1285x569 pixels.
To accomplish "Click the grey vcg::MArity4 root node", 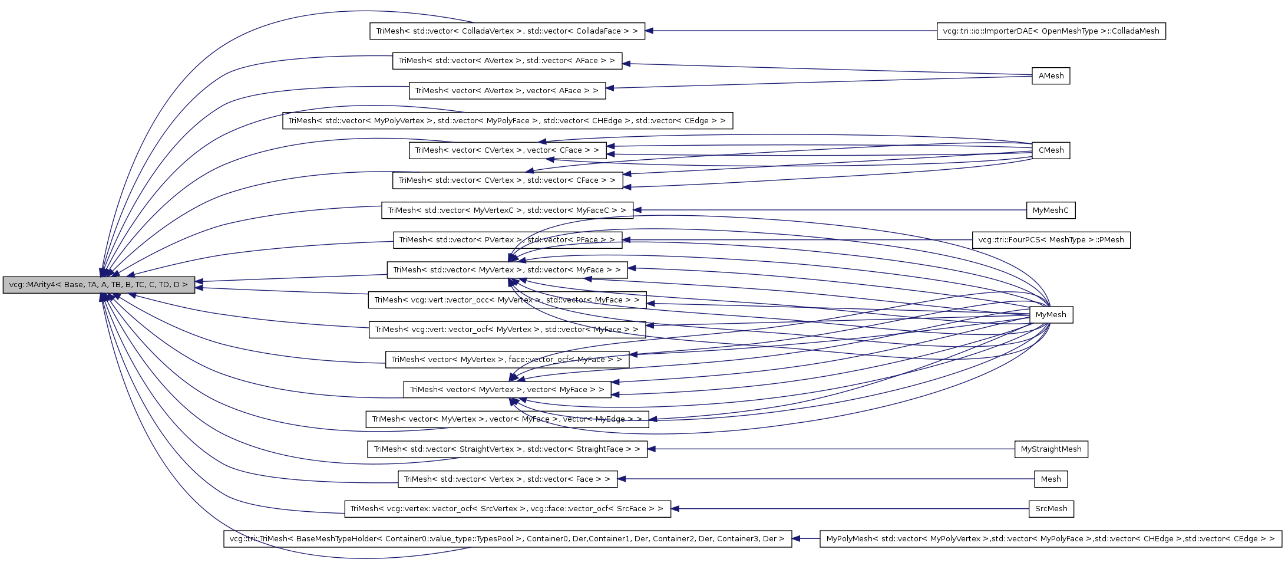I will [x=98, y=285].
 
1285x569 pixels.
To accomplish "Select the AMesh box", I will [x=1051, y=76].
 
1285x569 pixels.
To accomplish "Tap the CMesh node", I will [x=1051, y=150].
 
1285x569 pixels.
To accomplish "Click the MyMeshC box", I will [x=1050, y=211].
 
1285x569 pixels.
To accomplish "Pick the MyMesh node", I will [x=1051, y=315].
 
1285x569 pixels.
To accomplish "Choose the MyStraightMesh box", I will [x=1051, y=449].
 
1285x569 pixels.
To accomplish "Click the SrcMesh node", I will [x=1051, y=509].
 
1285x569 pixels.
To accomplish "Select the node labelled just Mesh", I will [x=1051, y=479].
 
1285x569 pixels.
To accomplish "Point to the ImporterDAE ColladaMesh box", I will [x=1051, y=31].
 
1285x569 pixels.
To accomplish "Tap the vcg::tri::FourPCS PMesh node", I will [x=1051, y=240].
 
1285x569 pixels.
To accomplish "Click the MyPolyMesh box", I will [x=1050, y=539].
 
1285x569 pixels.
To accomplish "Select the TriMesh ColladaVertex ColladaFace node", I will [x=507, y=31].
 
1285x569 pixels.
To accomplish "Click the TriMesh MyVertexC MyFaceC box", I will [x=507, y=211].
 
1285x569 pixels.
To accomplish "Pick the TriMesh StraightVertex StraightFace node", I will [x=507, y=449].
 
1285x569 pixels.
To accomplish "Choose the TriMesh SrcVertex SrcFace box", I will [x=507, y=509].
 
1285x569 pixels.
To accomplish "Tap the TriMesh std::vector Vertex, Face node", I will [x=507, y=479].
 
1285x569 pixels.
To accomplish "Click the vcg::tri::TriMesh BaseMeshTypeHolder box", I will [x=507, y=539].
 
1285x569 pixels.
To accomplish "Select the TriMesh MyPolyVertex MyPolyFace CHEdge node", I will [x=507, y=121].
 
